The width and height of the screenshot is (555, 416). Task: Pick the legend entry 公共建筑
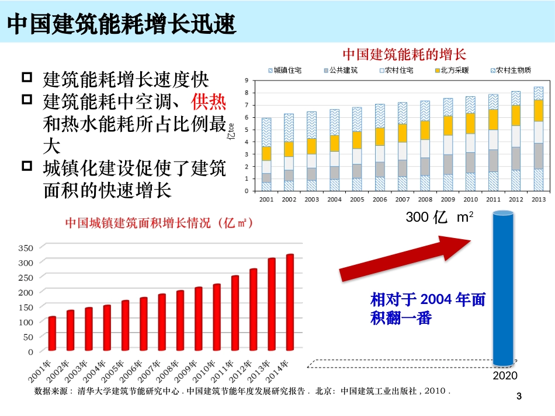342,71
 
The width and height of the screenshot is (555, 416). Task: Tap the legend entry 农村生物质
509,71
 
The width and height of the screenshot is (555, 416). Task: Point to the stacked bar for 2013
538,139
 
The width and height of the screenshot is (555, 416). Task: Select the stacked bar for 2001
266,155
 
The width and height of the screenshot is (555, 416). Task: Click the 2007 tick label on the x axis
403,200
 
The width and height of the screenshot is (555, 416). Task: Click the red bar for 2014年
290,302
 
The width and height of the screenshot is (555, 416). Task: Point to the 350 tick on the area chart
26,247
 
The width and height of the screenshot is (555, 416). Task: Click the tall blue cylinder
503,289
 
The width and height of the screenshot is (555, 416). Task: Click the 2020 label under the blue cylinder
505,376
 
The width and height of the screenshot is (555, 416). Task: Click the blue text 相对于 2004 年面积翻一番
428,309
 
